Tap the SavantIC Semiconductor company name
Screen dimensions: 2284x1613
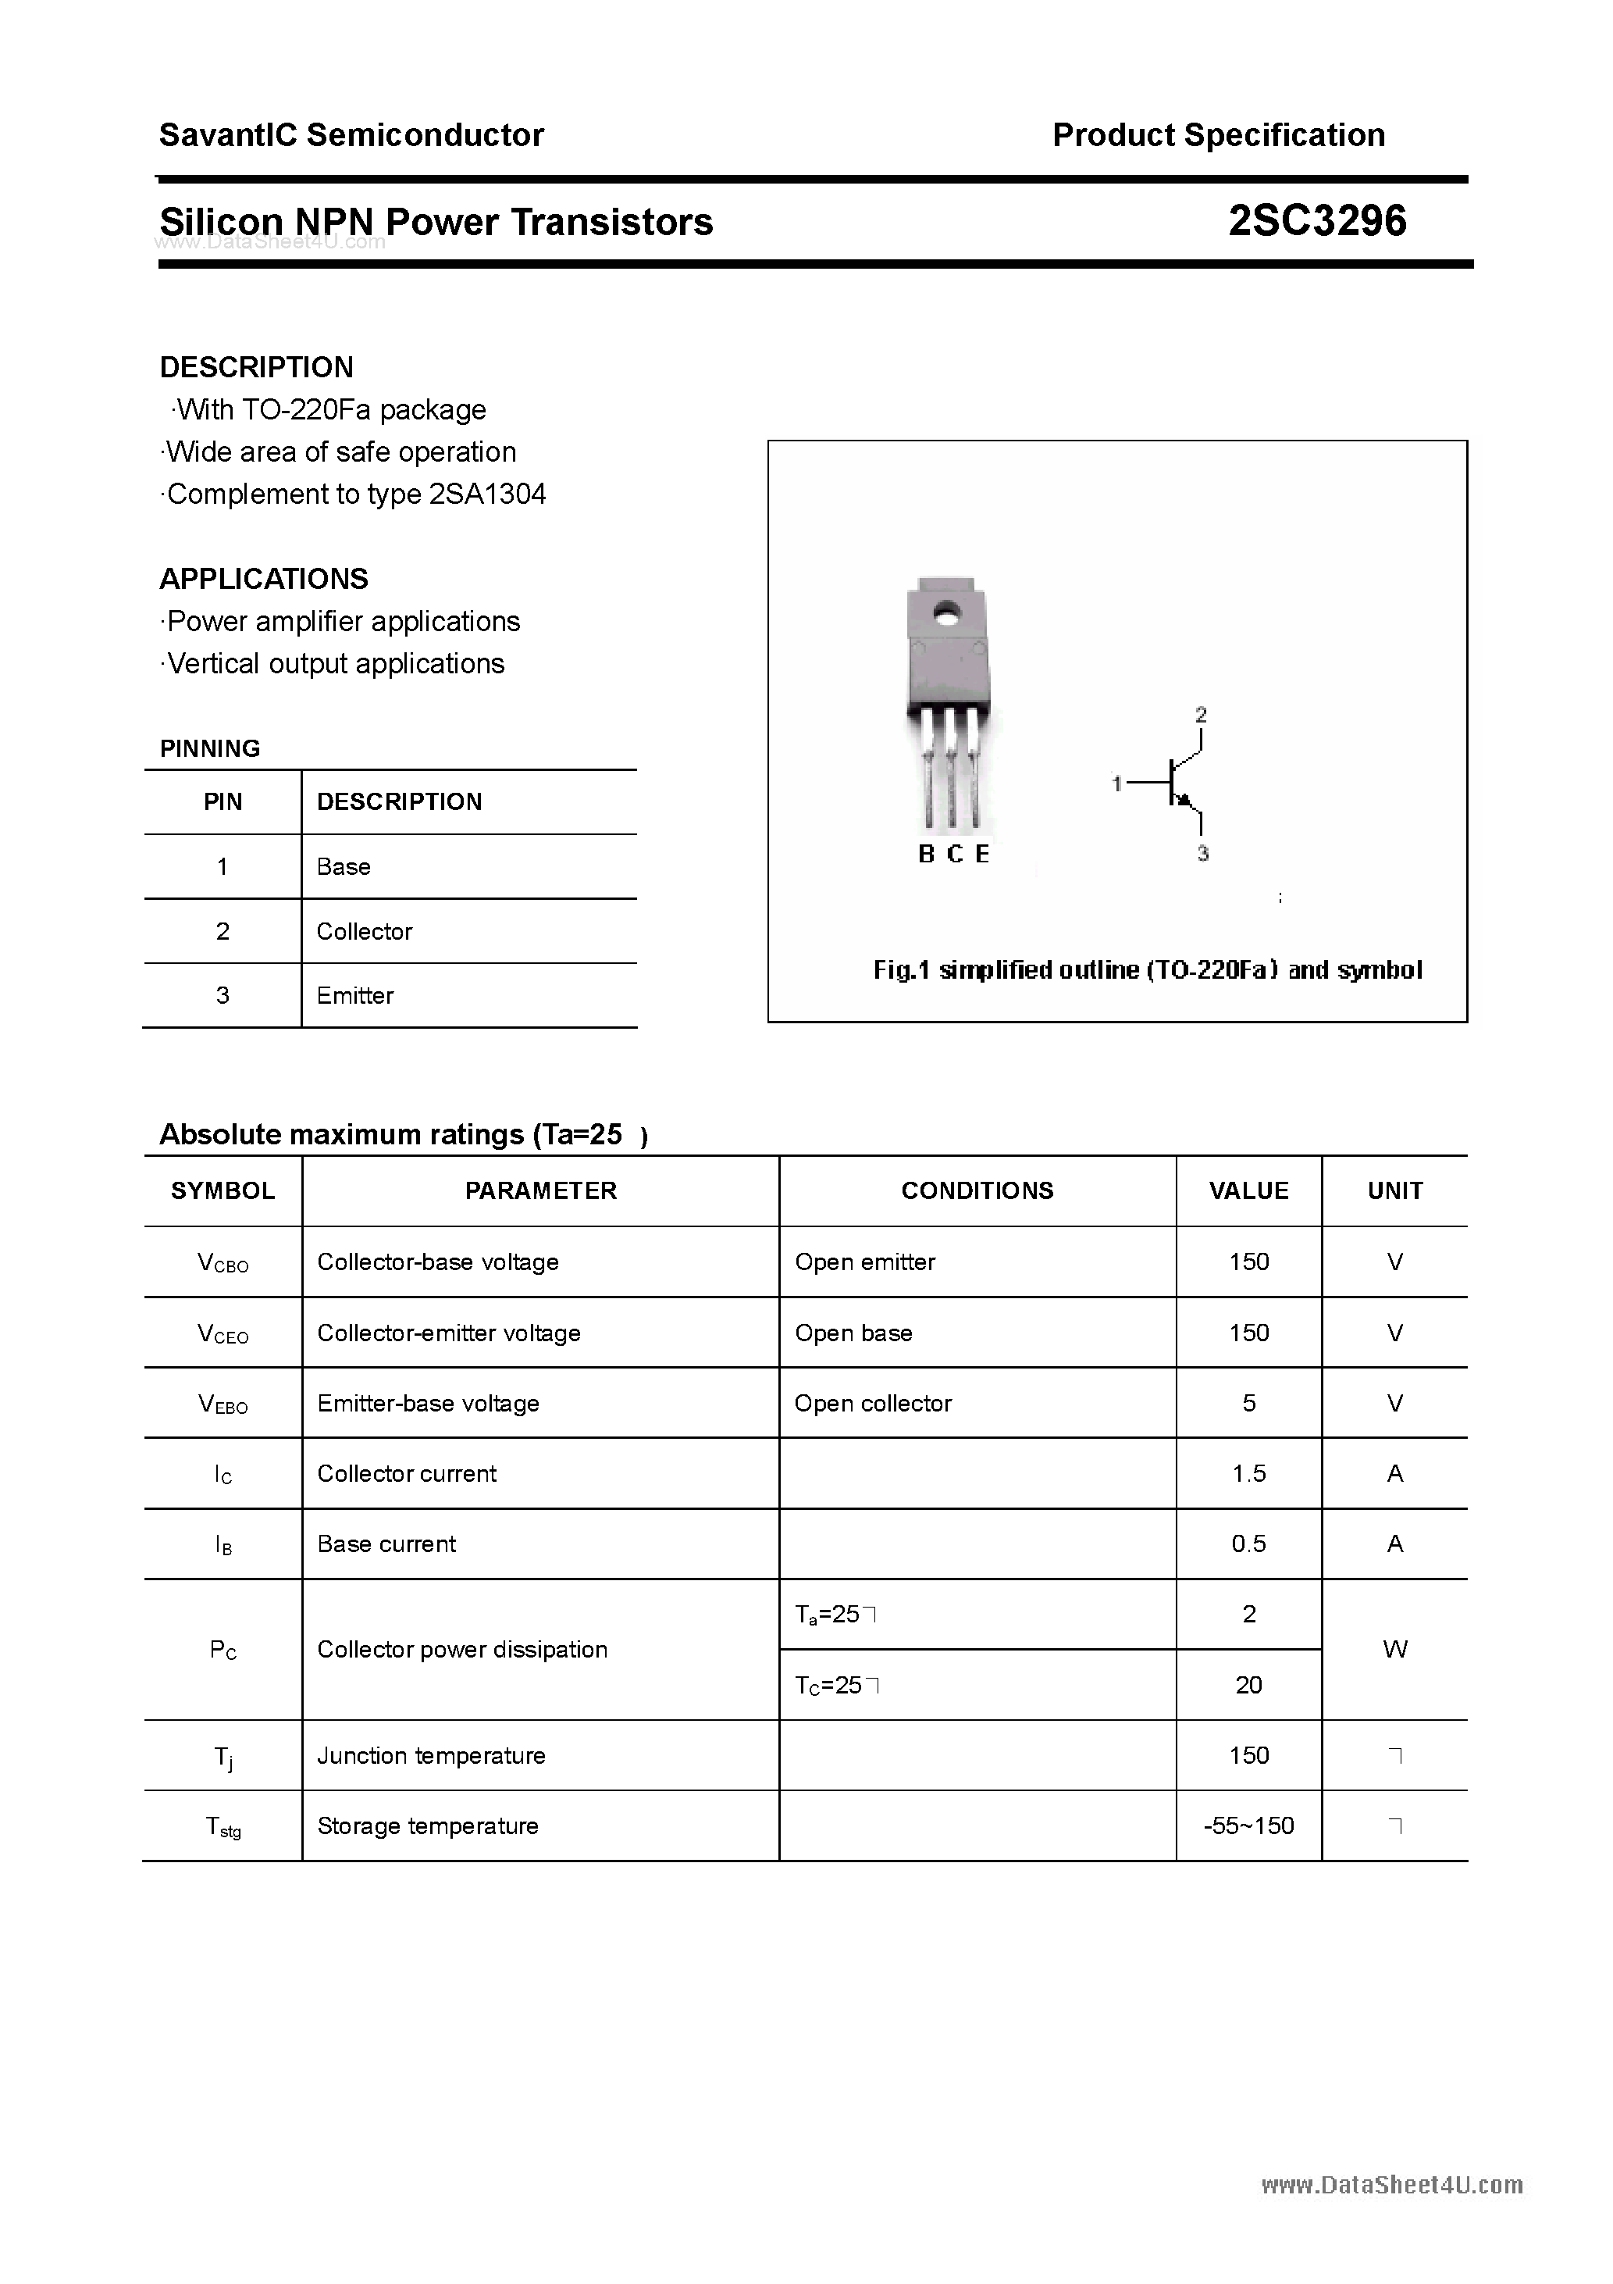(351, 135)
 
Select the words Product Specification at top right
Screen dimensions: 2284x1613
(1218, 135)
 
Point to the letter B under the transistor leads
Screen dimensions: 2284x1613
(926, 855)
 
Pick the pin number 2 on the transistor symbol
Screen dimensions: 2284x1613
(1202, 714)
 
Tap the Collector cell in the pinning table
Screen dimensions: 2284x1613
(364, 931)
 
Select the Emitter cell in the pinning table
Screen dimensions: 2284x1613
(355, 996)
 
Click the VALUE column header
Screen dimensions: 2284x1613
(1248, 1190)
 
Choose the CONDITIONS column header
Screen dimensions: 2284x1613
(977, 1190)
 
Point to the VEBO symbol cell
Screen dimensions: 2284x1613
(223, 1404)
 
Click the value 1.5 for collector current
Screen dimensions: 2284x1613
(1248, 1473)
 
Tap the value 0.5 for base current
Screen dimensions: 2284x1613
(1248, 1544)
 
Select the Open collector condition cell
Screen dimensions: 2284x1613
(872, 1404)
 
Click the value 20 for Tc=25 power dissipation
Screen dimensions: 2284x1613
(1248, 1685)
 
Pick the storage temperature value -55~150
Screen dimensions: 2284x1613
(1248, 1825)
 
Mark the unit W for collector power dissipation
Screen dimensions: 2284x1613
(1394, 1649)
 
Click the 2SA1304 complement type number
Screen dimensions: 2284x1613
(487, 494)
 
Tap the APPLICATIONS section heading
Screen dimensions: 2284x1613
(264, 579)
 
